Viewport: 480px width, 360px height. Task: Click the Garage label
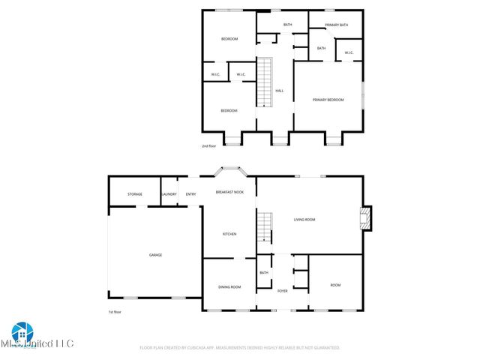155,255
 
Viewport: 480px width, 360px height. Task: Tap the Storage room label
135,194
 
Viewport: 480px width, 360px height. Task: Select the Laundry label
169,194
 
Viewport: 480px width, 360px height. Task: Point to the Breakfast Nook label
229,193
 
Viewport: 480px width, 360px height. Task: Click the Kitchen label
229,235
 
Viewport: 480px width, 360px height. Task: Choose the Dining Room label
229,287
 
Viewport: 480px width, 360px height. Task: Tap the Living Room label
304,220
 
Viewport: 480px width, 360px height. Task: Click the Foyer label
283,290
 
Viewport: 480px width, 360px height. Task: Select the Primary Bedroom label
329,100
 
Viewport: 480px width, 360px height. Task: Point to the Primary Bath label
337,25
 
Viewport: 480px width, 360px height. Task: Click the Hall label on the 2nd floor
280,91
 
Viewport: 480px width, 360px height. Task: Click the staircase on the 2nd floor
263,82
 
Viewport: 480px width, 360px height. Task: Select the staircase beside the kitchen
265,227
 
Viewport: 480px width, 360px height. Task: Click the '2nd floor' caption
209,146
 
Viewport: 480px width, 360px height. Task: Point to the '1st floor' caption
115,312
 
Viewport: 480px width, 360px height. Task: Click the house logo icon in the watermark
19,331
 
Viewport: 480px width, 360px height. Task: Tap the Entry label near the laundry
191,194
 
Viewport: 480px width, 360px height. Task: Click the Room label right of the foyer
336,285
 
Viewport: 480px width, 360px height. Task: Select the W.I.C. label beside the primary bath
349,52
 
